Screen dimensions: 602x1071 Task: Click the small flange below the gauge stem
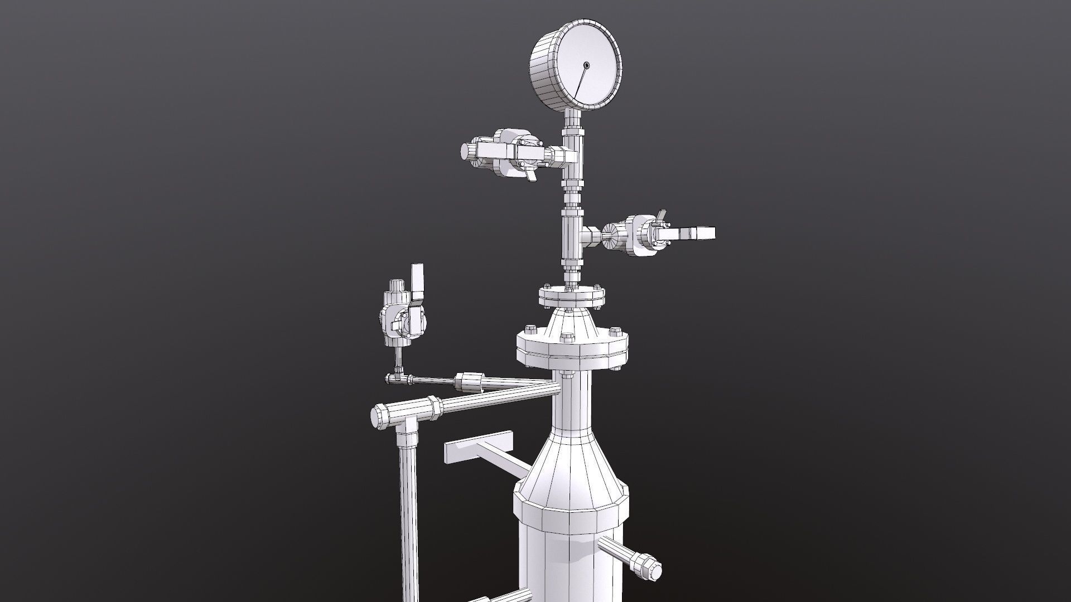[x=572, y=296]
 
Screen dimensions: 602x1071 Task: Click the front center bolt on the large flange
[x=567, y=337]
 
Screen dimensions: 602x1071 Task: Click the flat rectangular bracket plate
[x=479, y=446]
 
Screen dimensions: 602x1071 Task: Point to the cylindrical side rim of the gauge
[x=544, y=72]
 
